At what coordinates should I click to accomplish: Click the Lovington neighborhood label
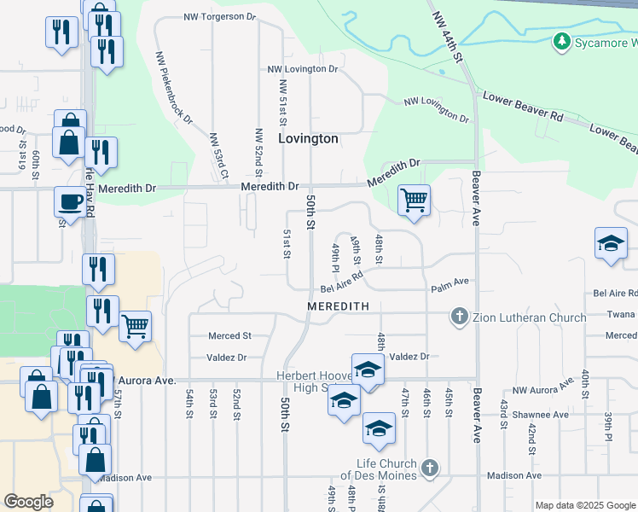coord(309,138)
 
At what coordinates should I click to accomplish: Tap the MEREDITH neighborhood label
coord(338,305)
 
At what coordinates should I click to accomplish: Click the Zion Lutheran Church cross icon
coord(459,317)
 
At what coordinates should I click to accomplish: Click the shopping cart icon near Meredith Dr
coord(414,201)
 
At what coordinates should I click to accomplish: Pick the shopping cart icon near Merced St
coord(136,325)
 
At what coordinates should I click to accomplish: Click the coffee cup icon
coord(70,202)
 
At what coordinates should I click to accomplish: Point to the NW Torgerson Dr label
coord(219,16)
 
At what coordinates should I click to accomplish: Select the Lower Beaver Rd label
coord(522,107)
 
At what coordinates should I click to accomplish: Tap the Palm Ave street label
coord(449,282)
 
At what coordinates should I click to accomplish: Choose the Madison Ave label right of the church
coord(513,475)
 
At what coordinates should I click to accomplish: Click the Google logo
coord(29,502)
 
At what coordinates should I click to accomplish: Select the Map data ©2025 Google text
coord(584,505)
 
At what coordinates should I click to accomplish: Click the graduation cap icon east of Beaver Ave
coord(611,243)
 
